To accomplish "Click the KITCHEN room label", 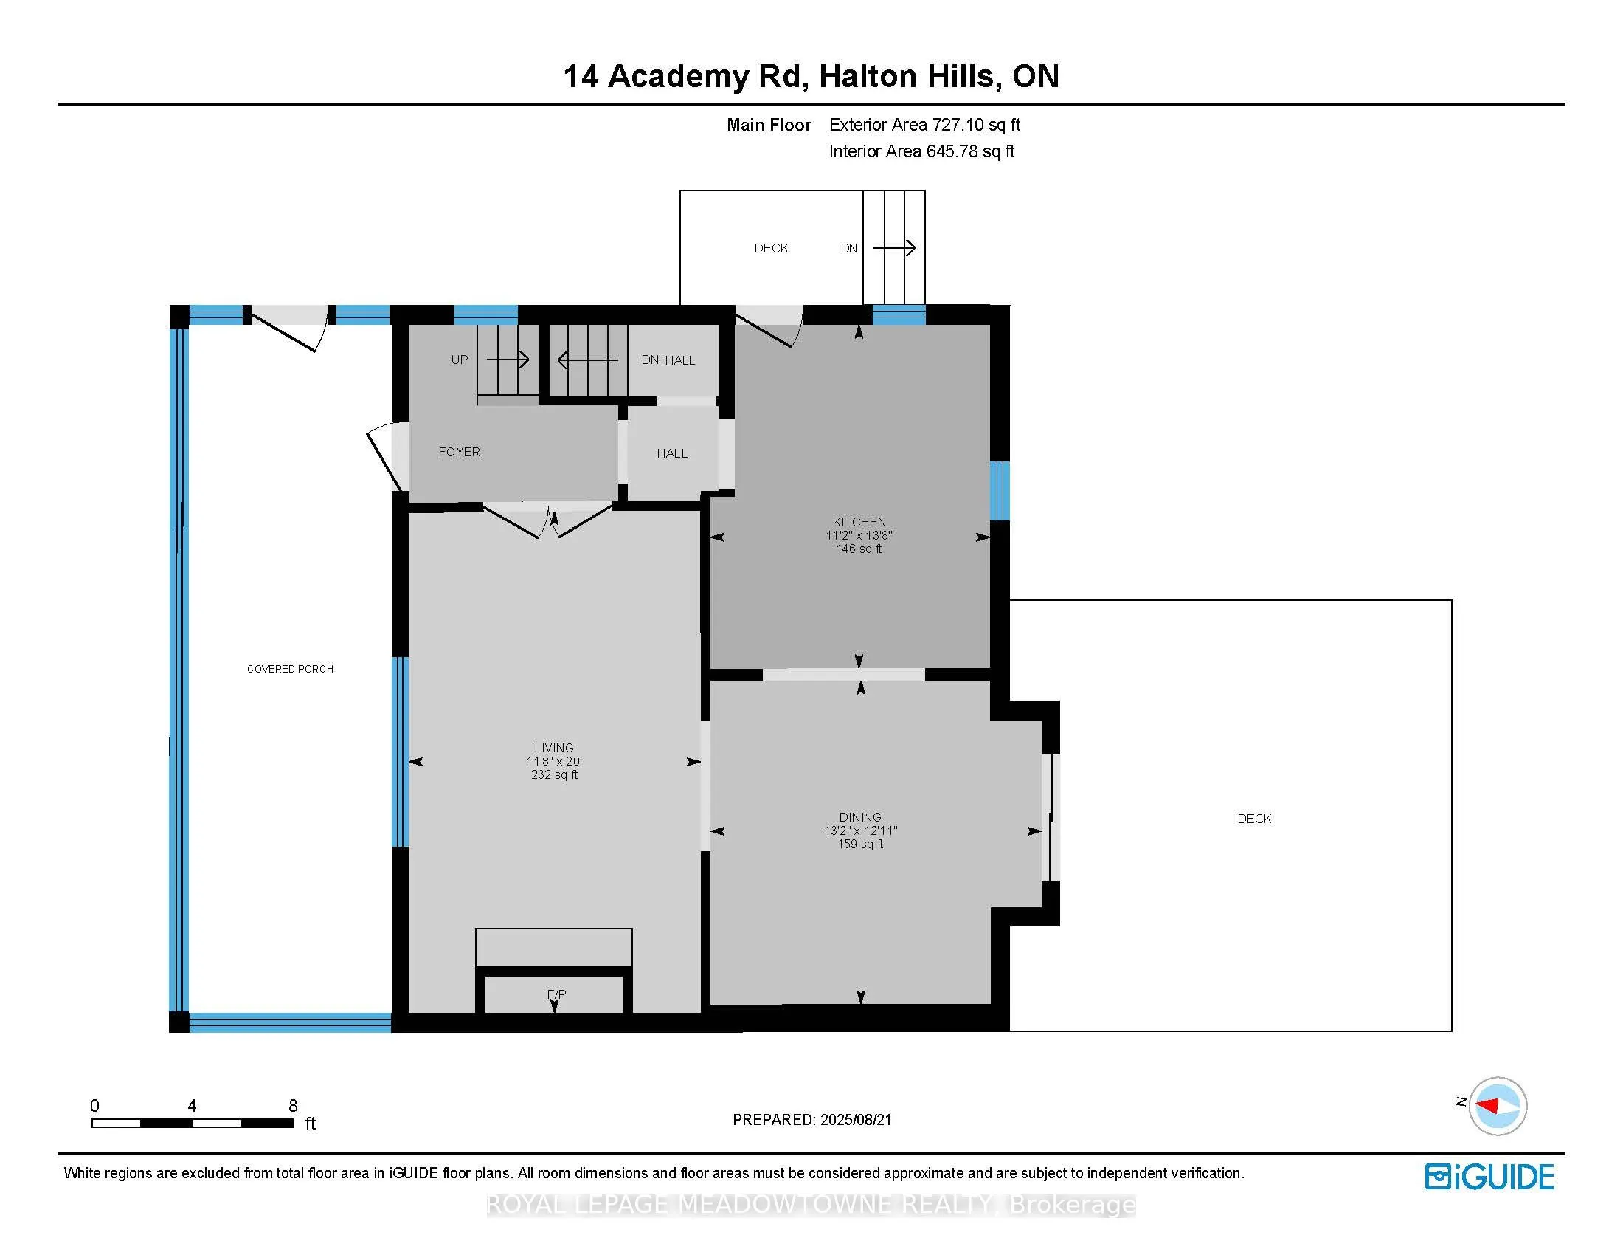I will [858, 522].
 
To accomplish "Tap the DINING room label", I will [859, 817].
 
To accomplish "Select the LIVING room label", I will [553, 748].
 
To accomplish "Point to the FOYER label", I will [459, 452].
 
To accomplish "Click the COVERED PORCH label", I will [290, 669].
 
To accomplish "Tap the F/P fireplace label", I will [556, 994].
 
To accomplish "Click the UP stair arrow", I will [508, 360].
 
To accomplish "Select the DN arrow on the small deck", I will [893, 248].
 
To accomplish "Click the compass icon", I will [1497, 1106].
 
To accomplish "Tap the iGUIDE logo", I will [1489, 1176].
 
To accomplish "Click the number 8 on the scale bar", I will [293, 1106].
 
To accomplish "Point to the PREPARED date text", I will [811, 1120].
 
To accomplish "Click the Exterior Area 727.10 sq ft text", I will [924, 125].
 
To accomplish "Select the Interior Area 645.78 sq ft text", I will [921, 151].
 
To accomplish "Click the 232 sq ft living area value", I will [553, 774].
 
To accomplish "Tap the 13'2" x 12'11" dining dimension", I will [859, 831].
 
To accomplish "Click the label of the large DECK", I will [1253, 819].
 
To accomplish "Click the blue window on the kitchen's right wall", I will [1000, 491].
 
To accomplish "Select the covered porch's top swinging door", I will [286, 327].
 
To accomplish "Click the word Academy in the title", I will [679, 77].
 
